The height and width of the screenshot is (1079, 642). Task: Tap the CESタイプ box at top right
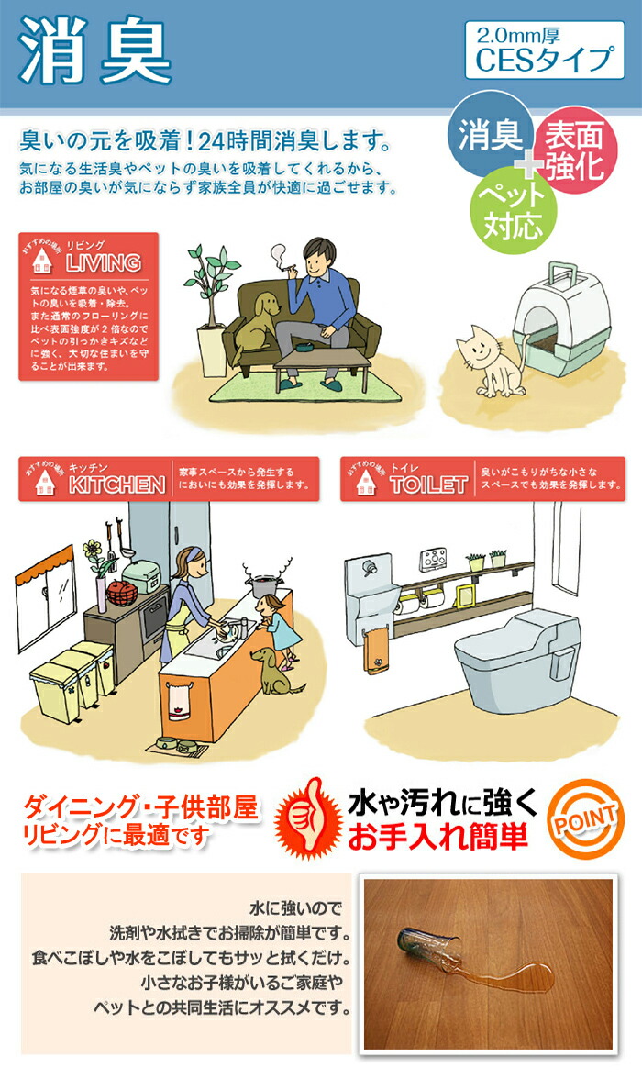click(x=544, y=50)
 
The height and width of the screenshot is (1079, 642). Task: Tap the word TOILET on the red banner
click(x=427, y=484)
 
